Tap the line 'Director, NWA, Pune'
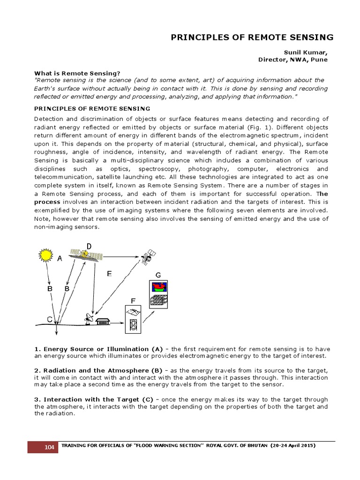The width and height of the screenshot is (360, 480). [x=293, y=60]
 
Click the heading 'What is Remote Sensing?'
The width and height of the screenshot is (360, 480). [x=77, y=73]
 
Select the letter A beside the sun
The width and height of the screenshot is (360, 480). [x=60, y=258]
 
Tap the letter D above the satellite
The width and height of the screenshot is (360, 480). [x=89, y=246]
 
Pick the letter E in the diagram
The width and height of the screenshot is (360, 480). [x=109, y=274]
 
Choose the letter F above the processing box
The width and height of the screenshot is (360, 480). [x=133, y=300]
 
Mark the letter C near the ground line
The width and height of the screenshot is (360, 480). [x=49, y=319]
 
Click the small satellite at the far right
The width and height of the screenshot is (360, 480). [x=148, y=256]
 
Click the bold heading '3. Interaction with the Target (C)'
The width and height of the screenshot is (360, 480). [x=94, y=399]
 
